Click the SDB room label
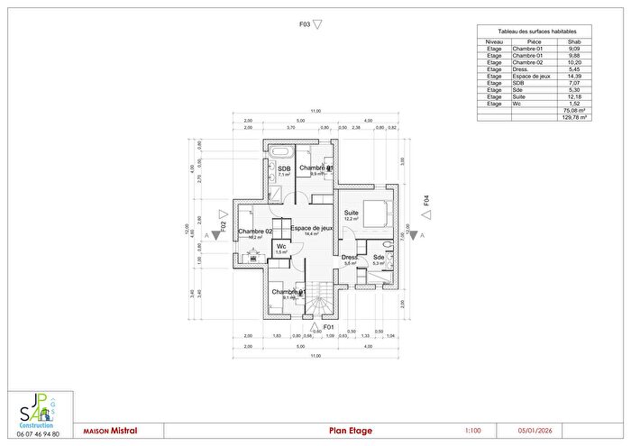(284, 168)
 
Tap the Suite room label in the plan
(351, 213)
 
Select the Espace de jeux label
(312, 229)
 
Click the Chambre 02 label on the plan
(254, 232)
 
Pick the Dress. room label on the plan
(351, 258)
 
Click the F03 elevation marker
(306, 25)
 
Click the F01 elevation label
(329, 326)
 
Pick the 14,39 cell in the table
(573, 77)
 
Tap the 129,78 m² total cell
(573, 117)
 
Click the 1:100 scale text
(474, 431)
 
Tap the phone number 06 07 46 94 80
(38, 434)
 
